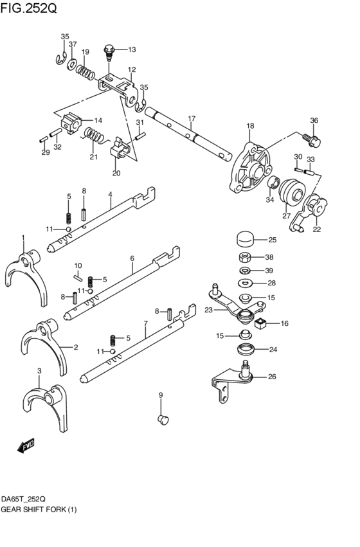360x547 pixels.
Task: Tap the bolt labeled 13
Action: click(x=110, y=50)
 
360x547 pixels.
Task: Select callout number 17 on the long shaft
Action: click(x=191, y=119)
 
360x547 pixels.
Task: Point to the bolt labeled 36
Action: click(x=314, y=138)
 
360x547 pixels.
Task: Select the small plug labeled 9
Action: click(x=162, y=420)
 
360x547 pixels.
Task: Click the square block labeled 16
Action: click(x=261, y=324)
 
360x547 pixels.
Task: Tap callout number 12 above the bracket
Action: click(x=131, y=69)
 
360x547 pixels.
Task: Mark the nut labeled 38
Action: click(x=244, y=258)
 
